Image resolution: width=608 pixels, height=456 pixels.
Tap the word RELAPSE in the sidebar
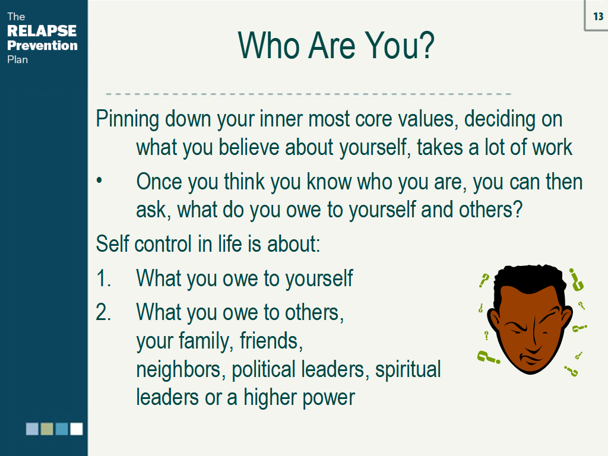pyautogui.click(x=42, y=31)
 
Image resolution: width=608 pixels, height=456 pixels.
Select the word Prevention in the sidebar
pyautogui.click(x=42, y=45)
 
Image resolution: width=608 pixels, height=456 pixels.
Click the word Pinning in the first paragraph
pyautogui.click(x=128, y=119)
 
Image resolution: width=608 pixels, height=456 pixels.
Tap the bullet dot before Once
pyautogui.click(x=99, y=180)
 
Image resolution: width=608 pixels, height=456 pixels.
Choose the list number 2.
pyautogui.click(x=103, y=312)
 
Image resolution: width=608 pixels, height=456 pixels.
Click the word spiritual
pyautogui.click(x=408, y=369)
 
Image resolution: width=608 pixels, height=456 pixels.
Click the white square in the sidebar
pyautogui.click(x=77, y=429)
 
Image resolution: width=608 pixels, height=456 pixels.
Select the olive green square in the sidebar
pyautogui.click(x=47, y=429)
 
